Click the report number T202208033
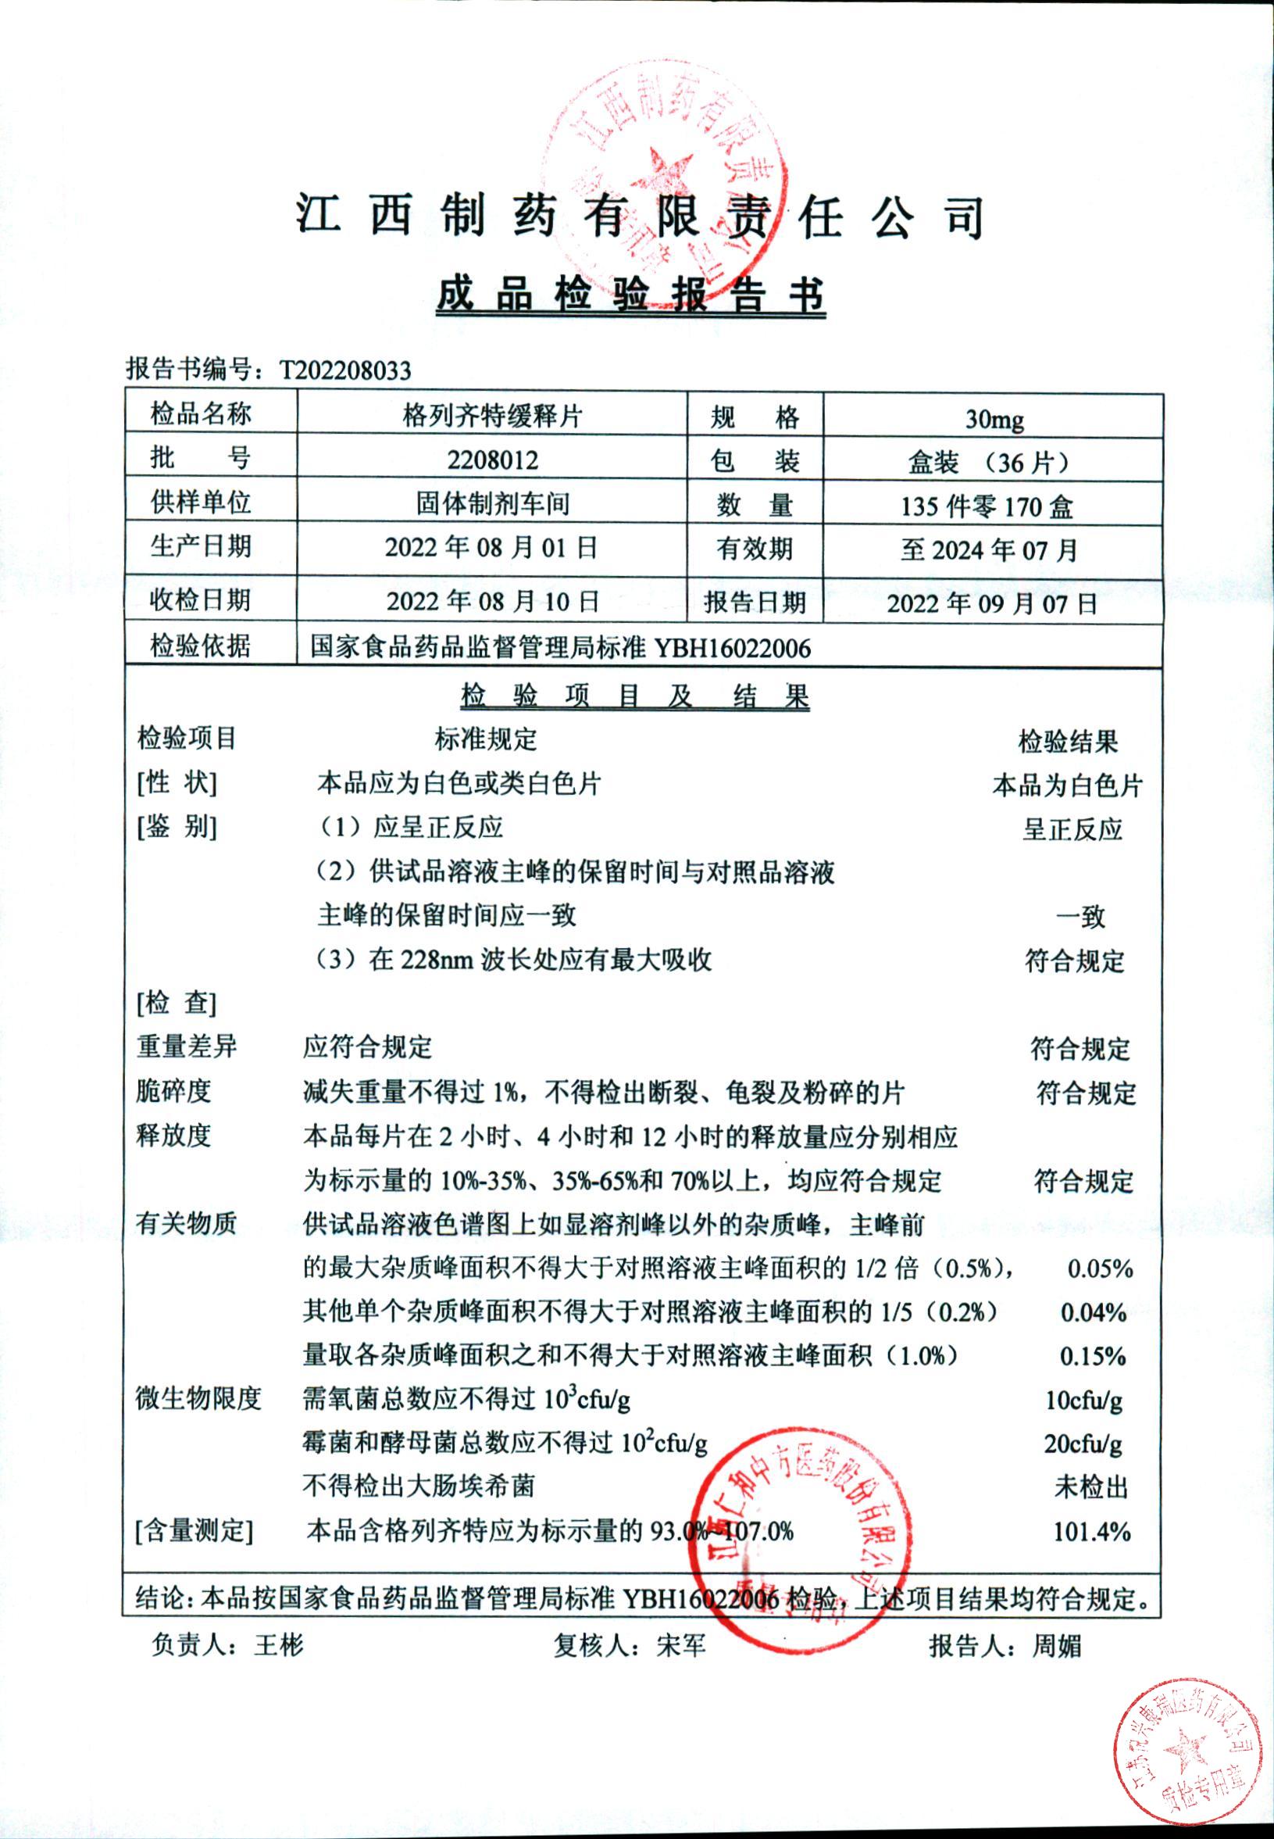click(x=344, y=370)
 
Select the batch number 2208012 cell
click(x=492, y=460)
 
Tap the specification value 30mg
click(x=994, y=418)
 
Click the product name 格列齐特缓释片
click(x=492, y=416)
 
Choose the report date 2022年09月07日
click(x=992, y=603)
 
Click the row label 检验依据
click(x=201, y=646)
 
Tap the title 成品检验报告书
click(x=630, y=295)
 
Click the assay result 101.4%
click(x=1091, y=1532)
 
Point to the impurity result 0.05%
click(x=1100, y=1268)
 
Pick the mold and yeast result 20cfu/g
click(x=1083, y=1444)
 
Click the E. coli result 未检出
click(x=1090, y=1487)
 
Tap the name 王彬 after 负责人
click(x=279, y=1645)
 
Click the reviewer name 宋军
click(x=681, y=1645)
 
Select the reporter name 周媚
click(x=1056, y=1646)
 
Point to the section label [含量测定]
click(x=194, y=1531)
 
